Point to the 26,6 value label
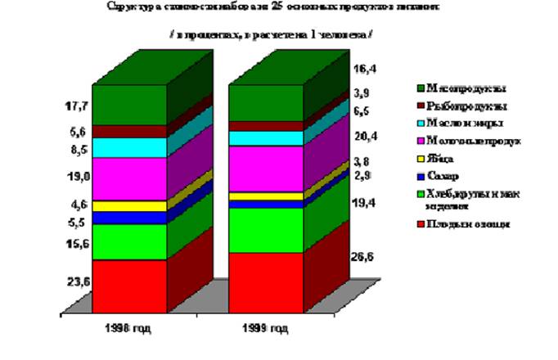click(365, 258)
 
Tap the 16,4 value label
click(364, 70)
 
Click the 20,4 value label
click(364, 136)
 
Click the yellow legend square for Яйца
click(421, 160)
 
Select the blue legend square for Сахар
click(421, 178)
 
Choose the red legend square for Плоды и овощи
click(421, 223)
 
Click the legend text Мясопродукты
click(460, 88)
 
